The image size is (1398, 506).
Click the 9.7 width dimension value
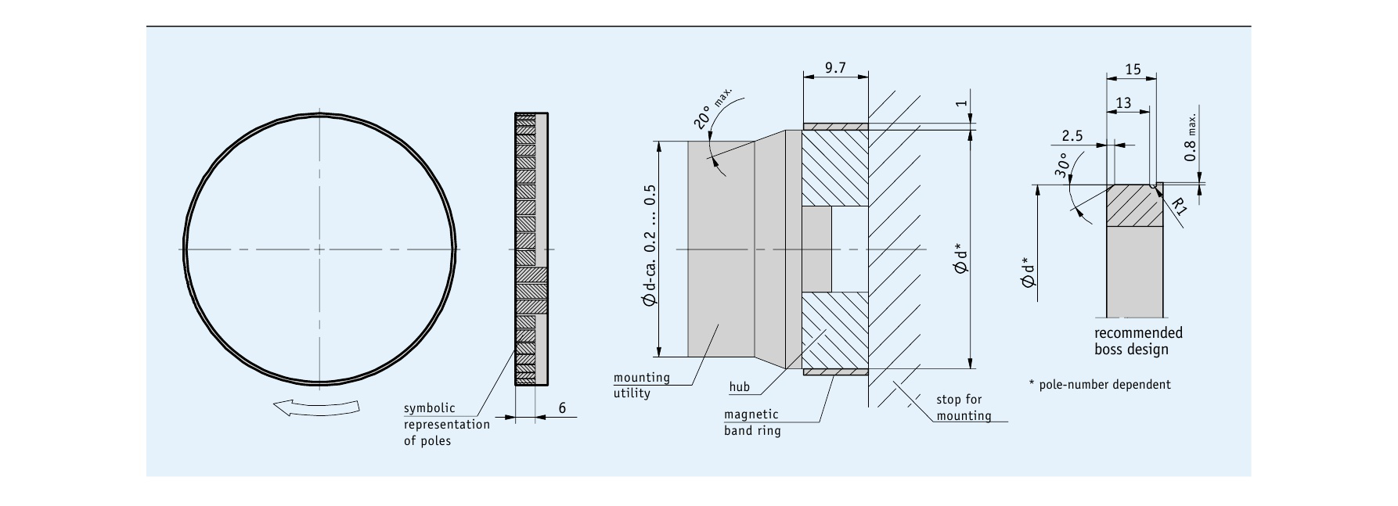[835, 68]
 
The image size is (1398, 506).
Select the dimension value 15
[1133, 70]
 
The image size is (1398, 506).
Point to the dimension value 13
[1123, 103]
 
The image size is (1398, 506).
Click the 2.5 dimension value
[1072, 136]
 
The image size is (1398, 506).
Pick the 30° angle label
[1061, 166]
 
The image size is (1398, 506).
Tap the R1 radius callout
[1180, 206]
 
